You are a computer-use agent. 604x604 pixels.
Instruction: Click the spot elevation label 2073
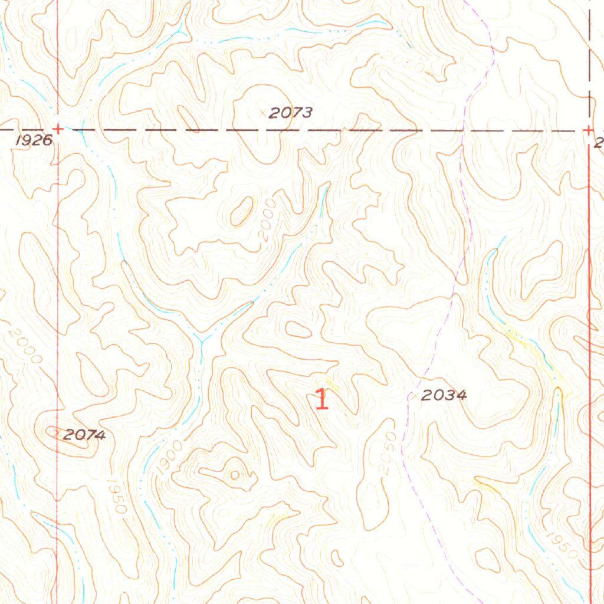(290, 113)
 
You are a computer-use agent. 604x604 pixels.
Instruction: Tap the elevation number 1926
(34, 140)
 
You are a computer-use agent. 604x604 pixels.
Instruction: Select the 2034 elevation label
(444, 396)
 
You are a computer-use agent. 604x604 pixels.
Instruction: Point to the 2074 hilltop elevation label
(84, 435)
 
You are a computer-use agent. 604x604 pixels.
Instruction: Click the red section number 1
(321, 399)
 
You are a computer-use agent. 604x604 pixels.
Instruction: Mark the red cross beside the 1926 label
(58, 129)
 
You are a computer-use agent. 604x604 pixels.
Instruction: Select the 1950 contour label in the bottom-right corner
(560, 544)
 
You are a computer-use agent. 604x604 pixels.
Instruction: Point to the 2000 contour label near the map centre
(268, 219)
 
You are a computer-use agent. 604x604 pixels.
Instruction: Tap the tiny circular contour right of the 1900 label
(235, 474)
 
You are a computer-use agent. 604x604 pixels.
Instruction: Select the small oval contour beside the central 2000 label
(241, 211)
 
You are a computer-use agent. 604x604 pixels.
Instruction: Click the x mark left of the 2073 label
(263, 112)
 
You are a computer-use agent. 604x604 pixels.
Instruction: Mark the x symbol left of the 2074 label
(57, 434)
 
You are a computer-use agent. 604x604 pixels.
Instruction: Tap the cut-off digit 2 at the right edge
(599, 142)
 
